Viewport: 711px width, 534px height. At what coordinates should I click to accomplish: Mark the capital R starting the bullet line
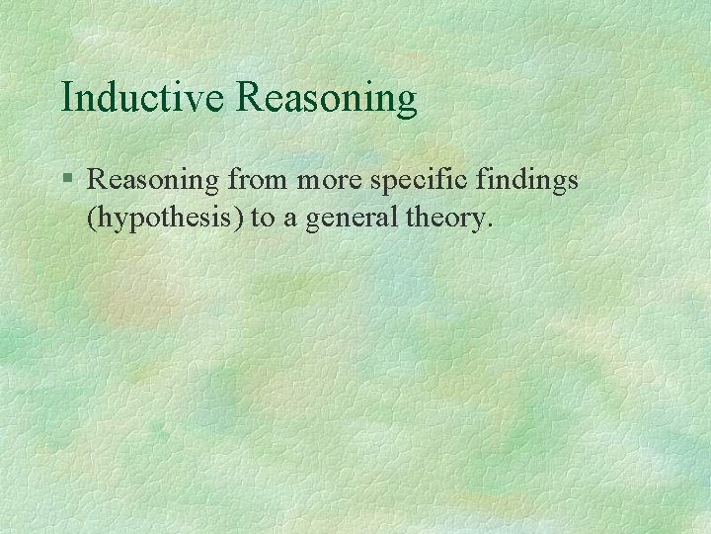pyautogui.click(x=97, y=179)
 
